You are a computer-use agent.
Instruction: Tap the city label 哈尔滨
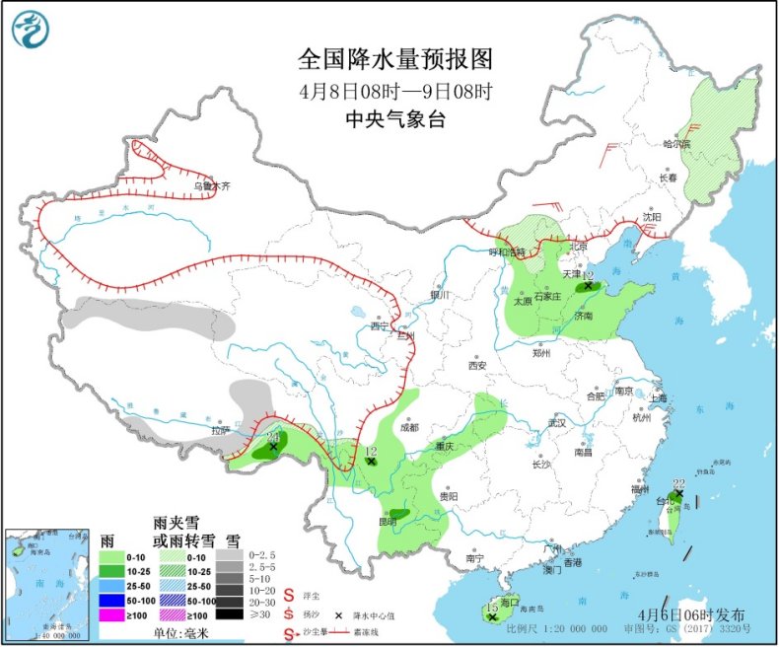[676, 144]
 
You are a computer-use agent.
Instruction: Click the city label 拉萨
[218, 430]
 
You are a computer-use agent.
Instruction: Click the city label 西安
[477, 365]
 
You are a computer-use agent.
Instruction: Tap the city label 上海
[658, 397]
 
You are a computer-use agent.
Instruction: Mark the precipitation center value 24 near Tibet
[273, 436]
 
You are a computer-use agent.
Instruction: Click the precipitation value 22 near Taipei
[678, 483]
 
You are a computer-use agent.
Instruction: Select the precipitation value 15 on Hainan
[492, 608]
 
